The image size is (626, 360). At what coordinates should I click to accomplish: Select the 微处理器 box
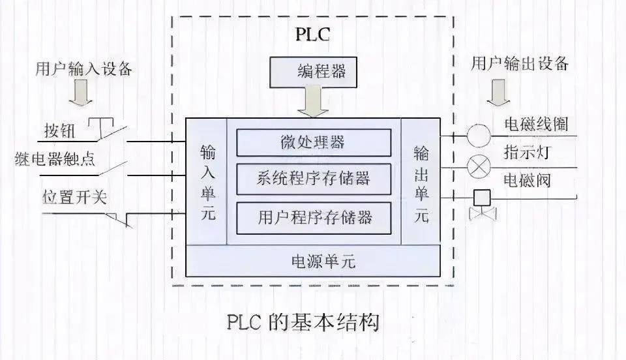tap(314, 142)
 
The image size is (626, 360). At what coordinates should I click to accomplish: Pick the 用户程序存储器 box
tap(314, 215)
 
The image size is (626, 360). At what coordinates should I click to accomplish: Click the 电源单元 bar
tap(313, 261)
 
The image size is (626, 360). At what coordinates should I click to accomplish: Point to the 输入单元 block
tap(207, 183)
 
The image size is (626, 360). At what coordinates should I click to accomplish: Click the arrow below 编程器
tap(315, 103)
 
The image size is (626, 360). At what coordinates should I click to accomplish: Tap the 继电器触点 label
tap(55, 158)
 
